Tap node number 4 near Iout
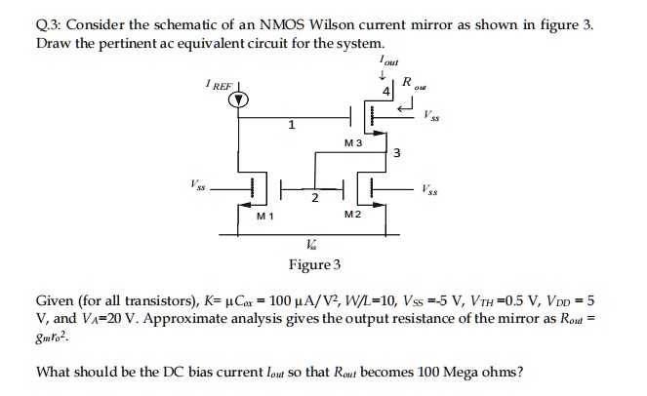coord(386,93)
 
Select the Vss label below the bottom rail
coord(311,243)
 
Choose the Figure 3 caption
coord(314,264)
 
